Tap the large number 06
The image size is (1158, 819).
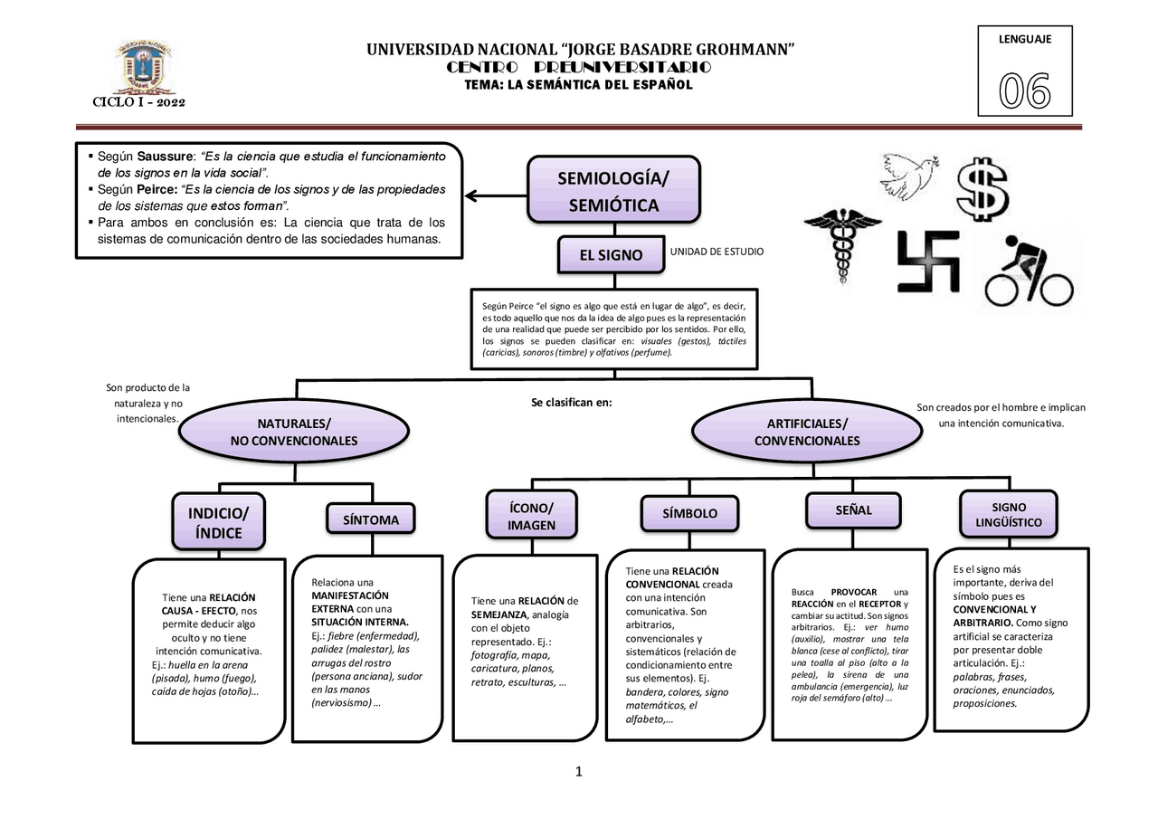[1024, 91]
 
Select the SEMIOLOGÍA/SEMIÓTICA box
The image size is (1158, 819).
[613, 190]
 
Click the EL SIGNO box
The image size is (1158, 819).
[611, 255]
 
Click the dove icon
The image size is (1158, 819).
[907, 175]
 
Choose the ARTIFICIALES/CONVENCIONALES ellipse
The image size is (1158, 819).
[806, 433]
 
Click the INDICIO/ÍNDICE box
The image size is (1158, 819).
[218, 522]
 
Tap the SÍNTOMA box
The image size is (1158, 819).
[370, 519]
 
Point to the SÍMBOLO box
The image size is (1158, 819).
[689, 513]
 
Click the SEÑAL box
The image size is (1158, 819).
[853, 509]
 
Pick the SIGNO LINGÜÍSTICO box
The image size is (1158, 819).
[1008, 514]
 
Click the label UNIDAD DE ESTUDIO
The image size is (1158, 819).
[716, 252]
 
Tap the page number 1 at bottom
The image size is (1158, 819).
[579, 772]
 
